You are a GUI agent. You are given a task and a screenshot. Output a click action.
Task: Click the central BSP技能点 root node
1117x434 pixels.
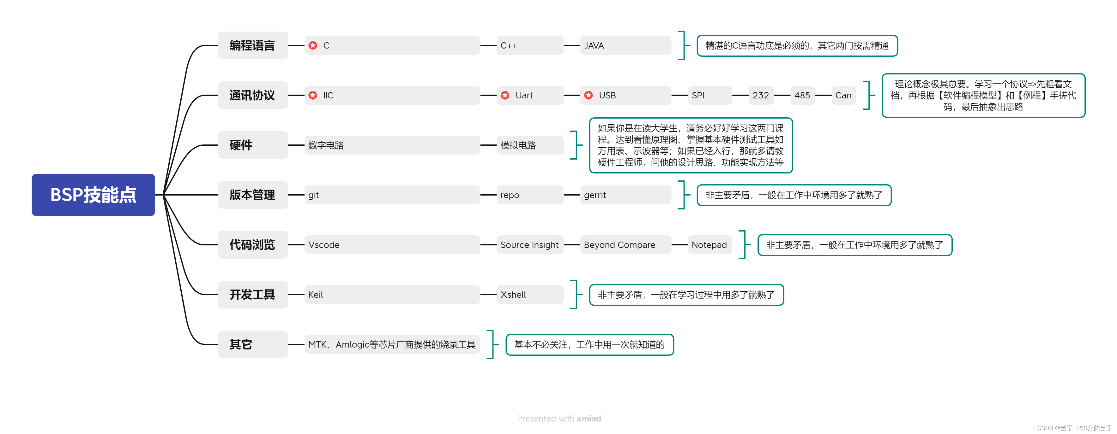(x=93, y=195)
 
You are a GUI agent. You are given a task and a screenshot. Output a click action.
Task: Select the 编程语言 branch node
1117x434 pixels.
(x=252, y=45)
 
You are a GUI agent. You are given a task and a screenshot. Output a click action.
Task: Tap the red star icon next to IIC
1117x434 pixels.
(x=313, y=95)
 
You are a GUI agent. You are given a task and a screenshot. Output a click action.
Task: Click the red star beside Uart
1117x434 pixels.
(x=505, y=95)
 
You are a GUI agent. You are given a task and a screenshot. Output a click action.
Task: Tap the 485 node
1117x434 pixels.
(x=802, y=95)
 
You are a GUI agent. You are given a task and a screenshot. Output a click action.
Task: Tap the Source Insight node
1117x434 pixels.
(x=529, y=245)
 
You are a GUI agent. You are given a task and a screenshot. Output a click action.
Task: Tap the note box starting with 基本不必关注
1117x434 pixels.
(x=589, y=344)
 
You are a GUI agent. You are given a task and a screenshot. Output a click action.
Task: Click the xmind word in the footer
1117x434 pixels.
(x=589, y=419)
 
